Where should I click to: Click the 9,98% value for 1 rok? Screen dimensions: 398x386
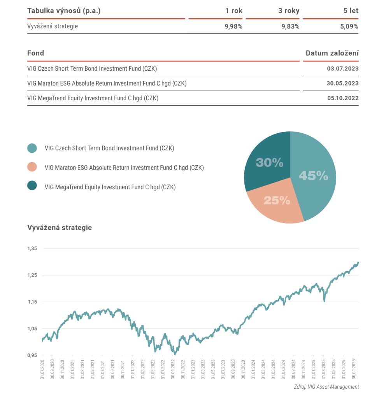click(233, 26)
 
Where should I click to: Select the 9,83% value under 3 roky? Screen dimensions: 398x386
click(290, 26)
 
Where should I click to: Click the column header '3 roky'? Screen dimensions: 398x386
click(289, 11)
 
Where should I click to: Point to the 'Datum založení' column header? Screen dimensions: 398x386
click(332, 53)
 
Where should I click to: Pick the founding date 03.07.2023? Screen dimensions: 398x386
click(343, 69)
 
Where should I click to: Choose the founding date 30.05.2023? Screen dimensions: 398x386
click(342, 84)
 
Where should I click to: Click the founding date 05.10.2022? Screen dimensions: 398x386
click(343, 98)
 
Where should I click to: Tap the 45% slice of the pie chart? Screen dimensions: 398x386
click(314, 176)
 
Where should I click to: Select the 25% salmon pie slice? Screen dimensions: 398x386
click(277, 201)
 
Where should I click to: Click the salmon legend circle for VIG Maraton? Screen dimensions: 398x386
click(32, 167)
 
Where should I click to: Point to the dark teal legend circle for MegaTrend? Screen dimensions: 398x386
click(32, 186)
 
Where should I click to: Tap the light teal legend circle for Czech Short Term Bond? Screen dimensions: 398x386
click(32, 148)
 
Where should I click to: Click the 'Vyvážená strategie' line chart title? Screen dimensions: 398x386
click(60, 228)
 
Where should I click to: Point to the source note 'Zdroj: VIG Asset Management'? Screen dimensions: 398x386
click(326, 387)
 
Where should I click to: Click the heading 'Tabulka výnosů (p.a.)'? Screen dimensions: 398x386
click(64, 11)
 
